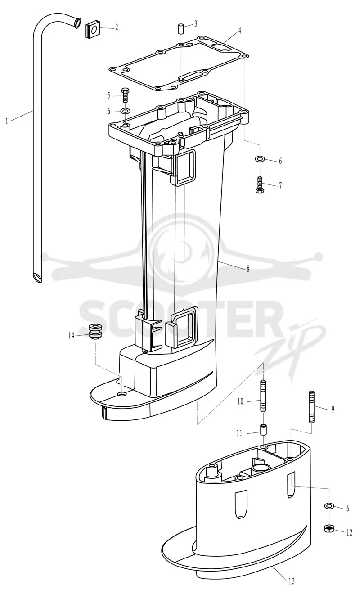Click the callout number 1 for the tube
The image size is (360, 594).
(x=7, y=121)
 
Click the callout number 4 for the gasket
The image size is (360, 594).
(x=239, y=31)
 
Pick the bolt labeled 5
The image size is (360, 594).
(x=125, y=95)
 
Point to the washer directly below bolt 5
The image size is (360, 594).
(x=125, y=111)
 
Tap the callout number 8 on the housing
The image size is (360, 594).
(x=248, y=269)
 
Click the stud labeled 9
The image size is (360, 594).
(x=312, y=406)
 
